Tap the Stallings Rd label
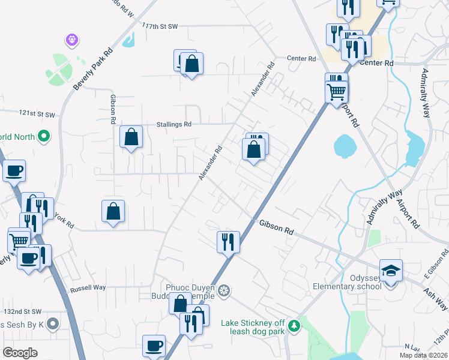(x=174, y=125)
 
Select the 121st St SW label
(x=37, y=113)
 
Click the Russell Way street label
(x=88, y=288)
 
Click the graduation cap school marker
(x=391, y=271)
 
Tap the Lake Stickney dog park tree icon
(x=294, y=326)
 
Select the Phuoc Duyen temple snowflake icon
(x=224, y=292)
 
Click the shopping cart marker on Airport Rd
(x=337, y=91)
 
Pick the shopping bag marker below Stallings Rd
(x=131, y=137)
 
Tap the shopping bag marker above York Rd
(x=113, y=211)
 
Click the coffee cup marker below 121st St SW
(x=14, y=171)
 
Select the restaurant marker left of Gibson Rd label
(x=228, y=242)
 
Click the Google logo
(x=20, y=352)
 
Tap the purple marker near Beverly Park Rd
(x=72, y=40)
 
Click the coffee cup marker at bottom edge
(x=154, y=346)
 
